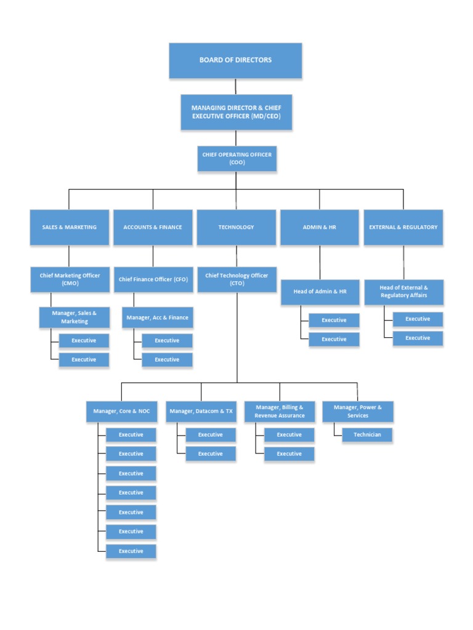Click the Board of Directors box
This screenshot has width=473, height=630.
click(x=235, y=60)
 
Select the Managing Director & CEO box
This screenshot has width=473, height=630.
click(x=236, y=112)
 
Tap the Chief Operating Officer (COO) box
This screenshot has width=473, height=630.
click(x=237, y=158)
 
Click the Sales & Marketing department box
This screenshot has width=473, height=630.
click(x=69, y=227)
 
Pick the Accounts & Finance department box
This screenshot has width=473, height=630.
click(x=153, y=227)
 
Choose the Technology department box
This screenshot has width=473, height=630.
click(x=236, y=227)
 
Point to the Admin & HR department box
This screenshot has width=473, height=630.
click(x=320, y=227)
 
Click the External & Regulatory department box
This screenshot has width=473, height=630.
click(x=403, y=227)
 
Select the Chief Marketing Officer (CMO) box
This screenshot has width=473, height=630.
click(x=70, y=279)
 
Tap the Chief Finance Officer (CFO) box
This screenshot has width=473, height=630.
click(x=153, y=279)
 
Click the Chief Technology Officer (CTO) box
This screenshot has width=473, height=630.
click(x=236, y=279)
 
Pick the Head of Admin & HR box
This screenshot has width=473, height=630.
click(x=320, y=292)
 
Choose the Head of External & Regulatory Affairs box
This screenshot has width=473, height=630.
click(x=403, y=292)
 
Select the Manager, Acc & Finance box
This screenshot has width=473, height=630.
click(x=157, y=317)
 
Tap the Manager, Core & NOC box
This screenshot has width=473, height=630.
click(x=121, y=411)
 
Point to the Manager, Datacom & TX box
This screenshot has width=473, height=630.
click(x=201, y=411)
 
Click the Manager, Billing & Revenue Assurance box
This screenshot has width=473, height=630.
click(x=280, y=412)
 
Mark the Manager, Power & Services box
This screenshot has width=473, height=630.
click(x=358, y=412)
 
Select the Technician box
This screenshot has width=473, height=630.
click(x=367, y=434)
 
